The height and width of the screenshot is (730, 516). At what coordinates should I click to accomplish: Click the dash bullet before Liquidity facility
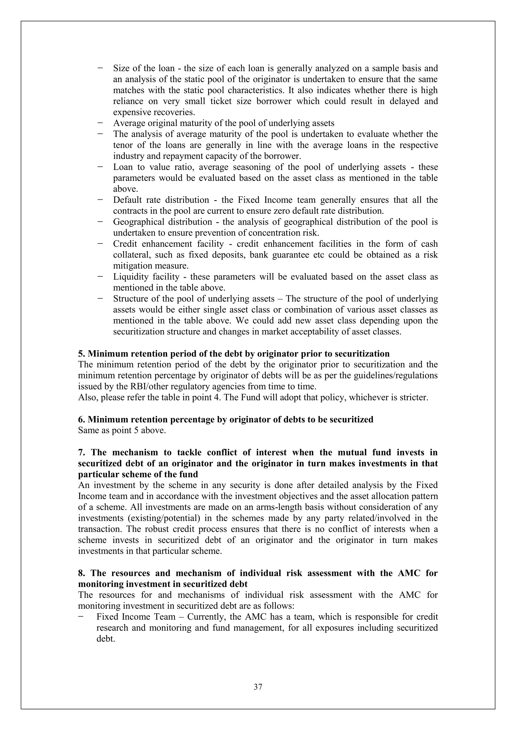[101, 276]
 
